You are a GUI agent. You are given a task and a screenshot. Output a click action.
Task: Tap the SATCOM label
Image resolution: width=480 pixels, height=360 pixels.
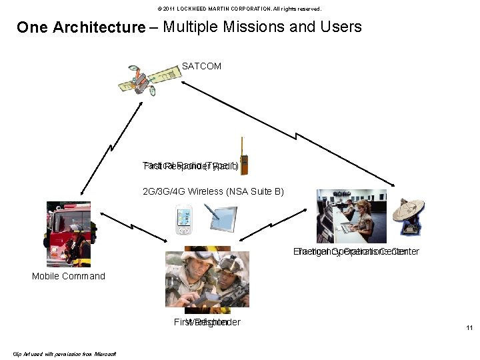coord(201,67)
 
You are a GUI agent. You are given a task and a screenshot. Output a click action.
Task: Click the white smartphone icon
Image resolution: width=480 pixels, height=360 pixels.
coord(183,220)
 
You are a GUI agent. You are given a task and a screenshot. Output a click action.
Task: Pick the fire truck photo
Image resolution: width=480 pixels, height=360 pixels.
coord(69,233)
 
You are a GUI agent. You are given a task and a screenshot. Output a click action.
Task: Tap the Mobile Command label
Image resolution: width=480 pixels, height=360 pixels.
coord(69,276)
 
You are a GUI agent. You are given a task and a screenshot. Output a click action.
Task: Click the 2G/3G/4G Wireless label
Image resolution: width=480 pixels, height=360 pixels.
coord(213,192)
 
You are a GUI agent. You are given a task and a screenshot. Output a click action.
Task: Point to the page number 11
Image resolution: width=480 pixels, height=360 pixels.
coord(469,327)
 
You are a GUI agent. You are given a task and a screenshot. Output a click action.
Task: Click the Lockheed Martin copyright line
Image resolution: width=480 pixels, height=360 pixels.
coord(239,9)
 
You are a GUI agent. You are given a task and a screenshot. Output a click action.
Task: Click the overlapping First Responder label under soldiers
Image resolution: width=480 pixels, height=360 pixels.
coord(207,323)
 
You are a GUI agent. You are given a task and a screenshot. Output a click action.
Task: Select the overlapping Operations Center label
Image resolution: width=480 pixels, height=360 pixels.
coord(356,252)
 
